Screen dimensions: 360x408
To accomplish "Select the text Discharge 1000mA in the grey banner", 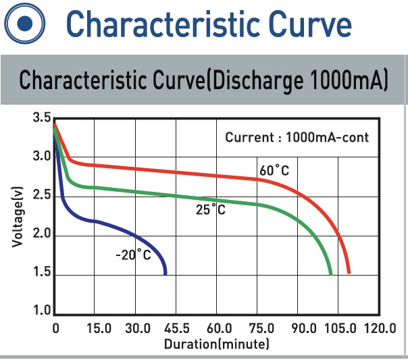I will click(299, 79).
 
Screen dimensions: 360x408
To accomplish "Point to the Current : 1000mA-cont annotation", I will click(297, 137).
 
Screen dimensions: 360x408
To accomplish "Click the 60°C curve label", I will click(274, 171).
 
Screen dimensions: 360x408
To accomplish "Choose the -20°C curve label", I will click(133, 255).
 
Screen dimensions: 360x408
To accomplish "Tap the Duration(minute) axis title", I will click(216, 344).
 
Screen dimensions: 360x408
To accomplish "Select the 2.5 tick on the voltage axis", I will click(41, 196).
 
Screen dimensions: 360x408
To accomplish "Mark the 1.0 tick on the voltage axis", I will click(41, 311).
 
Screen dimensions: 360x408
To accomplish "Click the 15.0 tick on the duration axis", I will click(99, 329).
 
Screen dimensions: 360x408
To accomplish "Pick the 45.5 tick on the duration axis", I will click(177, 329).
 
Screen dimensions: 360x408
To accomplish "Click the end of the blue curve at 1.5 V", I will click(165, 274).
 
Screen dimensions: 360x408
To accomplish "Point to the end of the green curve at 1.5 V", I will click(330, 274).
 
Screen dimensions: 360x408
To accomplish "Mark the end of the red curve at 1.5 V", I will click(349, 273).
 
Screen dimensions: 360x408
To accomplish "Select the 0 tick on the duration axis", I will click(56, 329).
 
